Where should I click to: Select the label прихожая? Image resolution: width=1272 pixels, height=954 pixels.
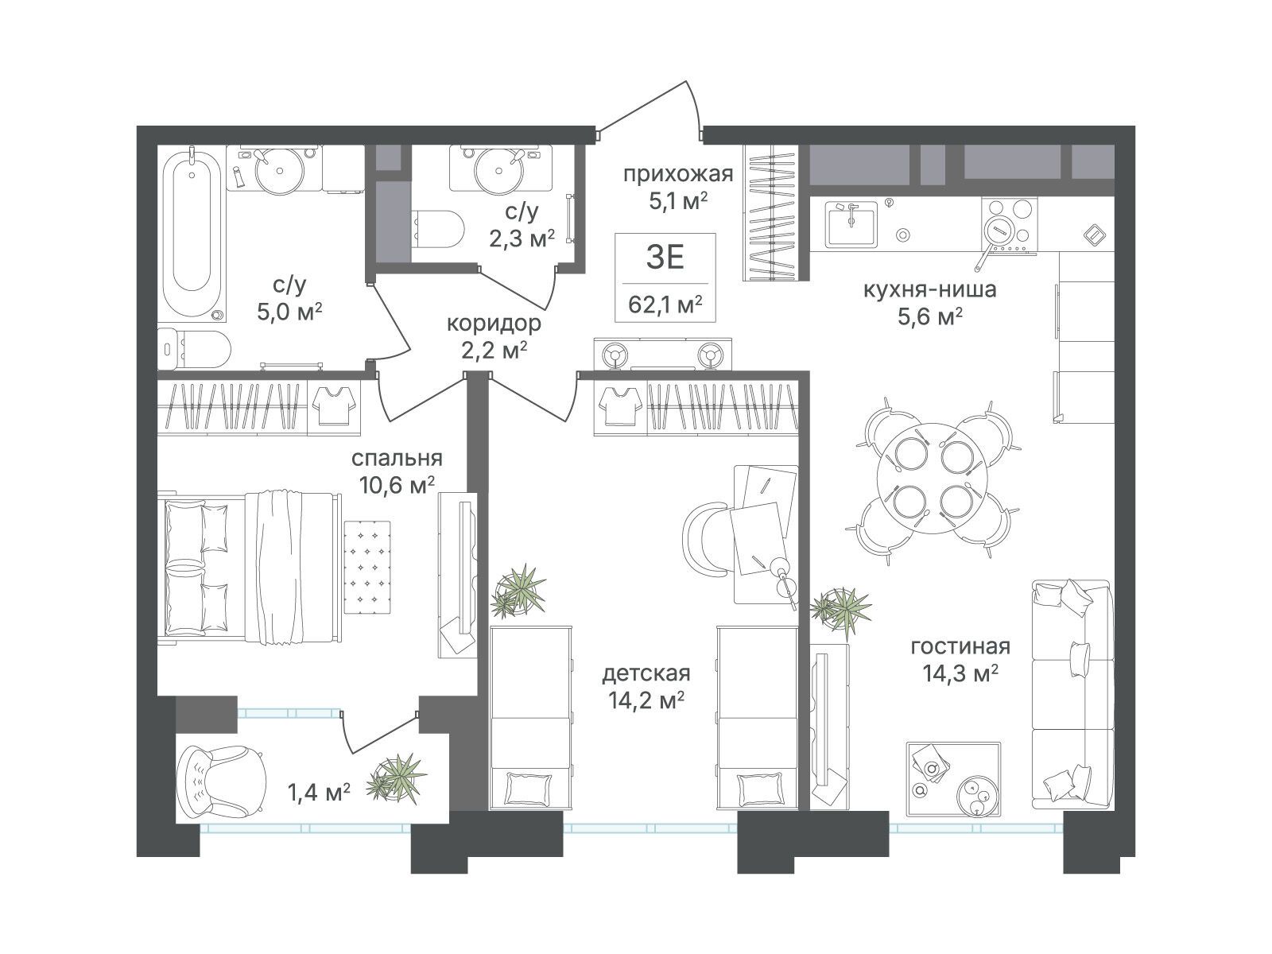coord(678,174)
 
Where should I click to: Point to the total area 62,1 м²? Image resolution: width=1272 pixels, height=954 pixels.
coord(665,304)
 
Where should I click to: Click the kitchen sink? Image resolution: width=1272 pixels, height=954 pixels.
coord(851,225)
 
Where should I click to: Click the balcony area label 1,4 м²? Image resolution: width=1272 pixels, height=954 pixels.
coord(319,791)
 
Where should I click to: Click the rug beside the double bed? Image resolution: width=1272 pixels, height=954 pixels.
coord(367,567)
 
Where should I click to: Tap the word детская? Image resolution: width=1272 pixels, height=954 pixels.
coord(646,673)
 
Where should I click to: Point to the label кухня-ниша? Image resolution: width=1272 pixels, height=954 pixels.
coord(929,289)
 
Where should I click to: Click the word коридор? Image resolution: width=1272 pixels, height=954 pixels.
coord(494,324)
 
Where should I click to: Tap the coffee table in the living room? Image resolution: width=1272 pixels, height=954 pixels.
coord(953,780)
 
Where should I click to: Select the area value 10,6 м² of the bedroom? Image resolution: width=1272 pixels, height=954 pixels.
coord(397,484)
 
